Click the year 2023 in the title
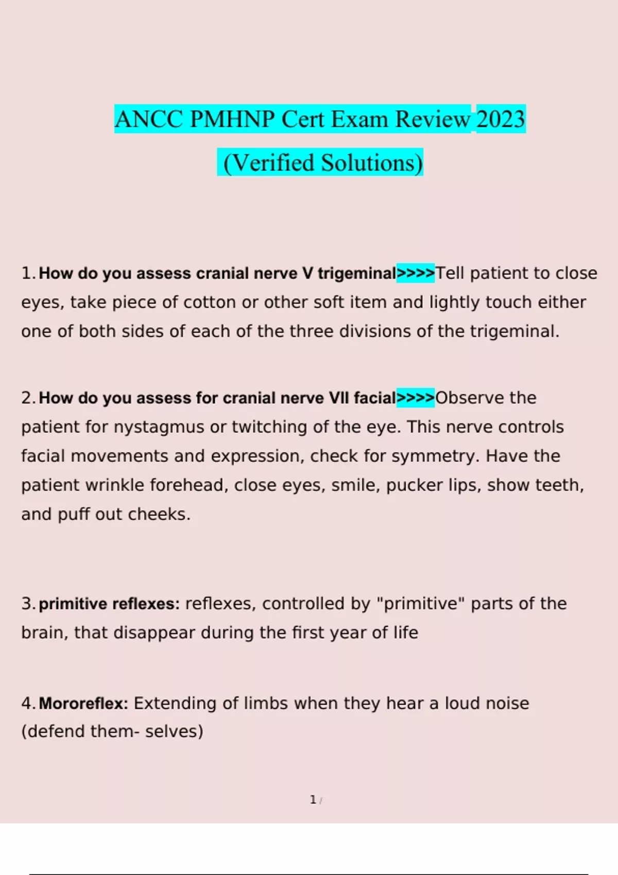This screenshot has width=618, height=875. click(x=501, y=119)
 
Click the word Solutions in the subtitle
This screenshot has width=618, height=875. click(x=372, y=163)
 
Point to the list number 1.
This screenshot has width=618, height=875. click(x=27, y=273)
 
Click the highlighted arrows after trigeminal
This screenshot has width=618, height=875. click(x=416, y=273)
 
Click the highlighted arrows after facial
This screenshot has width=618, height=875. click(x=416, y=398)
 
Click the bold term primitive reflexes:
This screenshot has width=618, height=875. click(x=109, y=604)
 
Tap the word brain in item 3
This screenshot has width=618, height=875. click(x=44, y=633)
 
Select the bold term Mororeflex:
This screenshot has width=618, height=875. click(x=83, y=704)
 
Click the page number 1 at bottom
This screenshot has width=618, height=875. click(x=313, y=800)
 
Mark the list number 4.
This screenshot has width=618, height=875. click(x=27, y=704)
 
